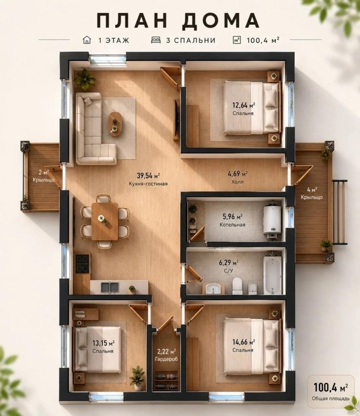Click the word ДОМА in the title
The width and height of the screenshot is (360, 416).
[x=221, y=20]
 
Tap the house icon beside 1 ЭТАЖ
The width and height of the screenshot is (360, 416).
[x=87, y=40]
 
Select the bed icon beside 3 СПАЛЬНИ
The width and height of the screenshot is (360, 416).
[x=156, y=40]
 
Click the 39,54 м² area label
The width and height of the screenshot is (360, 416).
[x=149, y=175]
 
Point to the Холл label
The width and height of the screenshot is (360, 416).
[x=238, y=182]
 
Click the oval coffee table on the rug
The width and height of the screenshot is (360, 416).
[x=115, y=124]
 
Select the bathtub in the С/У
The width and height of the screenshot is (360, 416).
[x=273, y=275]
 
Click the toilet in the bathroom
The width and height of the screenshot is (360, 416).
[x=237, y=285]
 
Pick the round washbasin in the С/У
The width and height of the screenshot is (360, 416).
[x=213, y=288]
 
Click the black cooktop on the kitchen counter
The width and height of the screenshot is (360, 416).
[x=83, y=264]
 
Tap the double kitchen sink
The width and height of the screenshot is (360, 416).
[x=110, y=287]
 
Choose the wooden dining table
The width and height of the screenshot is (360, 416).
[x=105, y=221]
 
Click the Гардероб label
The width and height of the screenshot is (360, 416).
[x=166, y=359]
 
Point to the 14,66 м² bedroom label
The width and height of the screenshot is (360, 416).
[x=244, y=342]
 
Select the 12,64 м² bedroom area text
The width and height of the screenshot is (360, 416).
[x=244, y=105]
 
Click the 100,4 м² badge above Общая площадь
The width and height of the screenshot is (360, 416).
[x=330, y=387]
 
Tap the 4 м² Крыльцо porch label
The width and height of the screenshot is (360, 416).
[x=312, y=193]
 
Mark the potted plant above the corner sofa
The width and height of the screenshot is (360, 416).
[x=85, y=79]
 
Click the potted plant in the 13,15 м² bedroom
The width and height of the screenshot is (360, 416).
[x=137, y=377]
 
